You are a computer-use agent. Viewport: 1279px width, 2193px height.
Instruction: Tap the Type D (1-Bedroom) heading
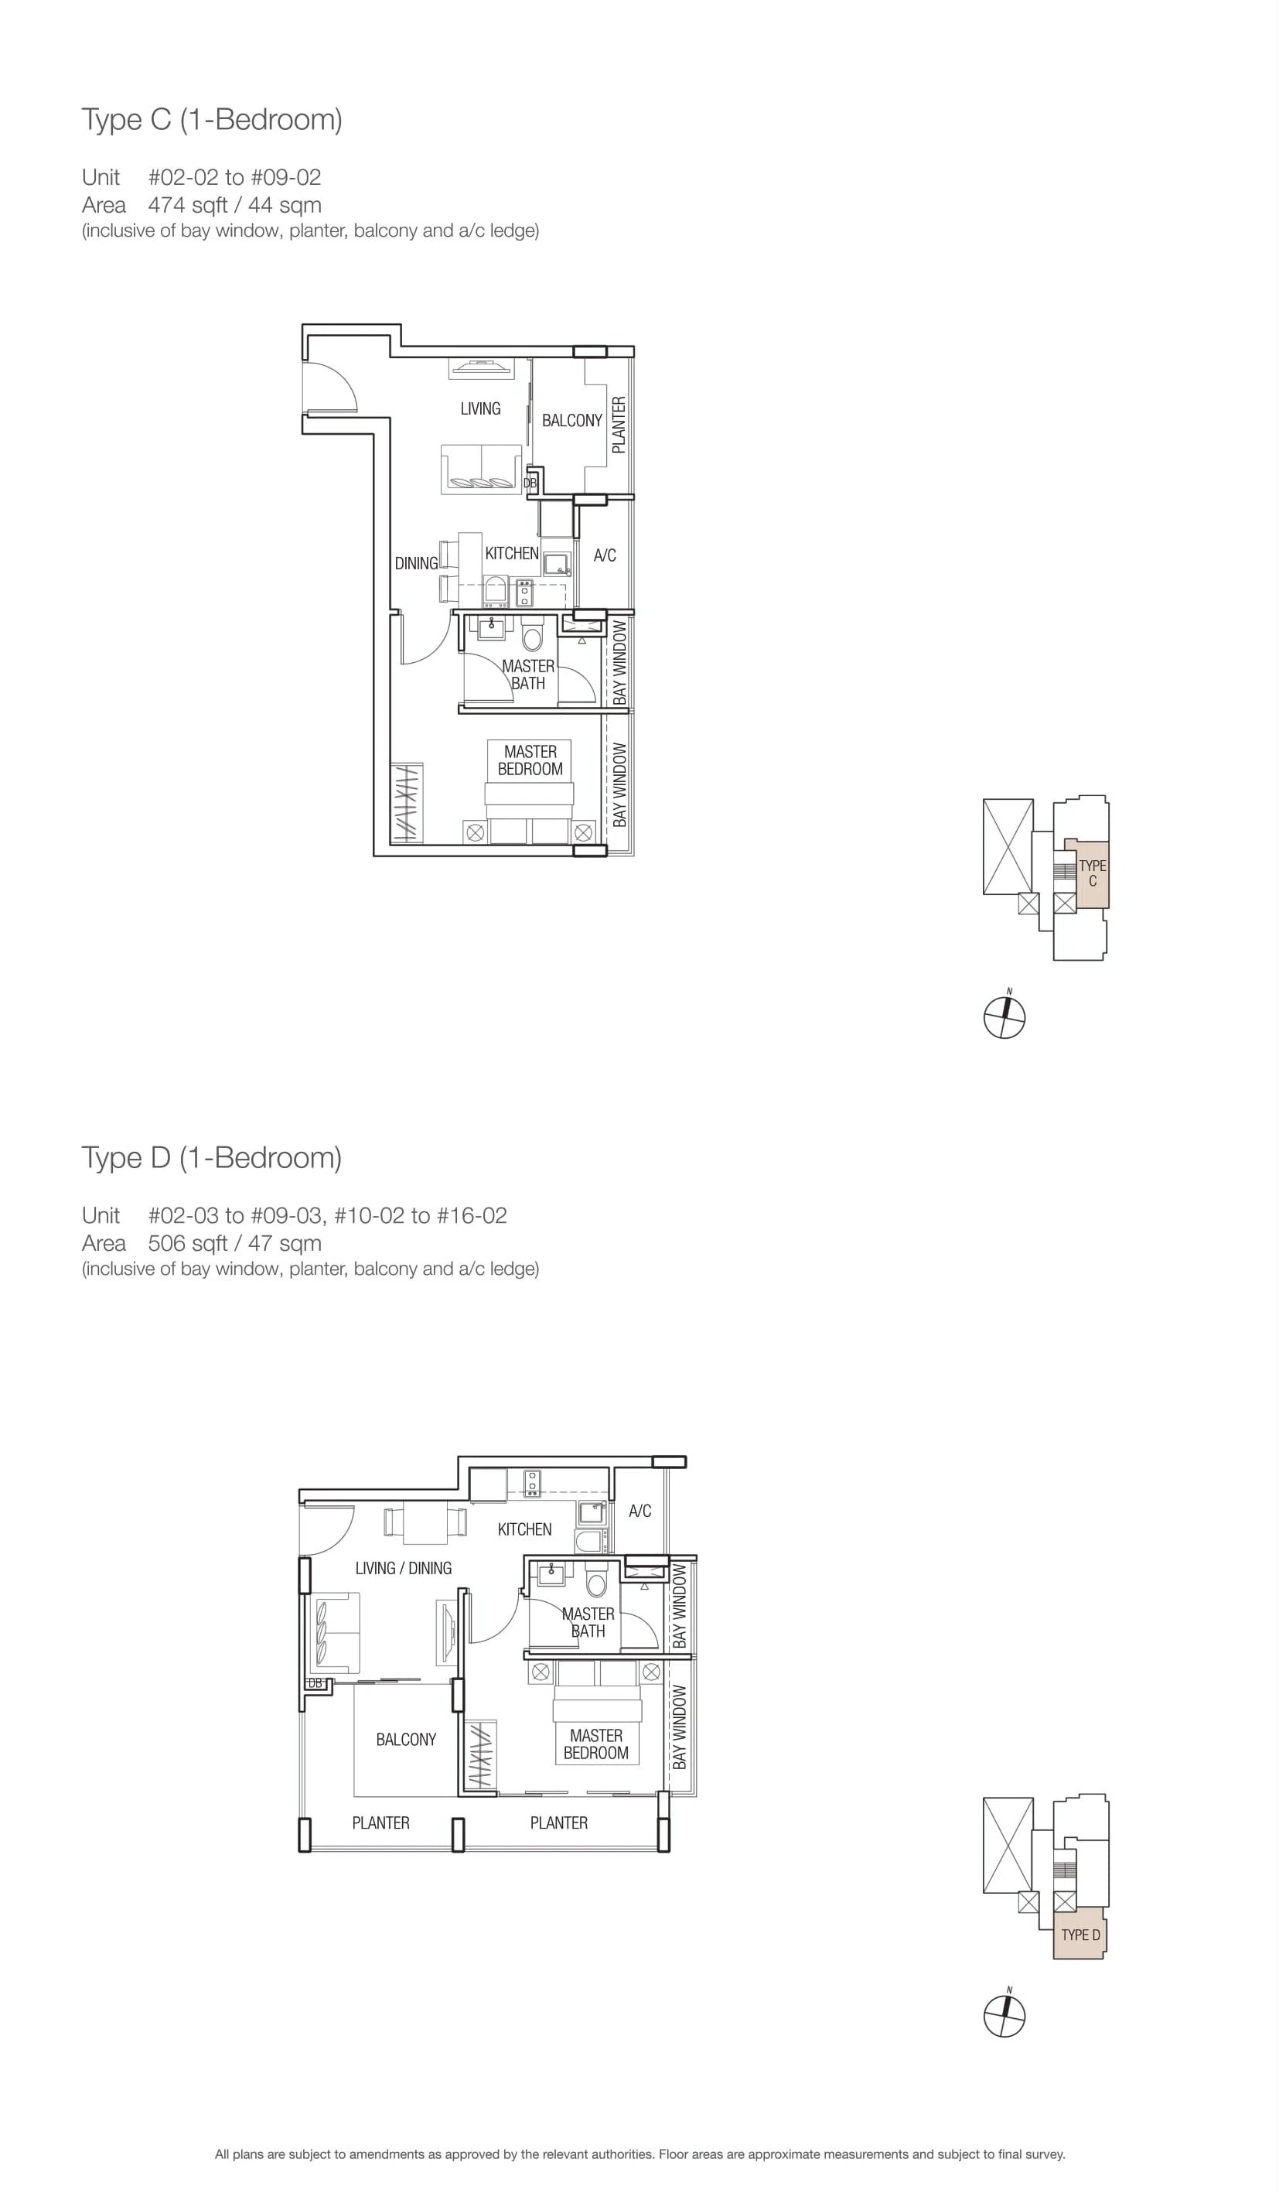pyautogui.click(x=211, y=1158)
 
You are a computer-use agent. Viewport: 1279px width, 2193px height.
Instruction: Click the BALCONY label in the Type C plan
pyautogui.click(x=571, y=421)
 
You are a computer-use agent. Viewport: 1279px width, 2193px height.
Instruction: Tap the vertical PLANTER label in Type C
pyautogui.click(x=619, y=425)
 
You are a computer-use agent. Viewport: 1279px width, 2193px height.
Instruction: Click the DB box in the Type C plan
pyautogui.click(x=530, y=482)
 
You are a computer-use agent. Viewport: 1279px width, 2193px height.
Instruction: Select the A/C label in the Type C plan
pyautogui.click(x=605, y=555)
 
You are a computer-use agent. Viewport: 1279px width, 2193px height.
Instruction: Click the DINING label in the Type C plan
pyautogui.click(x=416, y=564)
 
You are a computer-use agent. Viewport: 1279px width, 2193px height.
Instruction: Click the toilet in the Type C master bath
pyautogui.click(x=533, y=635)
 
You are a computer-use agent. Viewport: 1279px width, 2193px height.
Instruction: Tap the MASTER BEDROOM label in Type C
pyautogui.click(x=530, y=760)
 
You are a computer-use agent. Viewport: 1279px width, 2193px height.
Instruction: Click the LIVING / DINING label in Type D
pyautogui.click(x=403, y=1568)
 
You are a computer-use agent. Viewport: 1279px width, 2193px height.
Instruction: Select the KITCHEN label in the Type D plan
pyautogui.click(x=524, y=1529)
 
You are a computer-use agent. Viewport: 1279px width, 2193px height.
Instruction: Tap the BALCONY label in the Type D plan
pyautogui.click(x=405, y=1740)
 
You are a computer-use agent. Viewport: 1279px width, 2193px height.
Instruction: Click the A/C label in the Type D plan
pyautogui.click(x=639, y=1511)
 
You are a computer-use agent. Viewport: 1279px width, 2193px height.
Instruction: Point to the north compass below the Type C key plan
pyautogui.click(x=1005, y=1016)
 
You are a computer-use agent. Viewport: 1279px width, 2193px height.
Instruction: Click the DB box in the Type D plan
pyautogui.click(x=315, y=1684)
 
